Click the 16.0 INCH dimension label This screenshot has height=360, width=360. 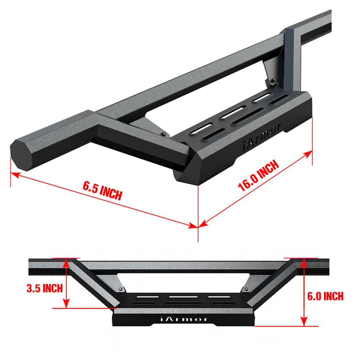click(258, 176)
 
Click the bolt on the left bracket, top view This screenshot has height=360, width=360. click(164, 134)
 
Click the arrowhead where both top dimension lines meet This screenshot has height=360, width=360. click(198, 226)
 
